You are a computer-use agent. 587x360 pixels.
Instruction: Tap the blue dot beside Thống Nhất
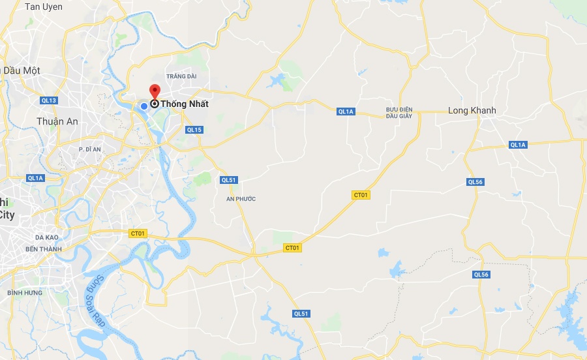144,105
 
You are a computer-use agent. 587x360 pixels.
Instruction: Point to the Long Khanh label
472,110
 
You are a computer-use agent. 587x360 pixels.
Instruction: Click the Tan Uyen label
44,7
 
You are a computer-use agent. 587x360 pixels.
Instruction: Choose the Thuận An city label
57,121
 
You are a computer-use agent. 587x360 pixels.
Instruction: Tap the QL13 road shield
49,100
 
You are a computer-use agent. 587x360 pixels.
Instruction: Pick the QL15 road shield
194,130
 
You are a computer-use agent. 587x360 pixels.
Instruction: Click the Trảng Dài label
181,76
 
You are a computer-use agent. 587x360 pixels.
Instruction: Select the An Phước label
241,198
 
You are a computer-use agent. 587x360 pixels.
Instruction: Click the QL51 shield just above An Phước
228,180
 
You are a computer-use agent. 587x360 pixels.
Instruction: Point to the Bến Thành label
43,249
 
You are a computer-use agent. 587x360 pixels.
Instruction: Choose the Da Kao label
48,237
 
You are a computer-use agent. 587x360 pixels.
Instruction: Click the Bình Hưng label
25,293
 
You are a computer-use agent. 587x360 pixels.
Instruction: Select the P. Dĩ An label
90,149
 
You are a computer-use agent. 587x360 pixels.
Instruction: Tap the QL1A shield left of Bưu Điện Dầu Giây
346,112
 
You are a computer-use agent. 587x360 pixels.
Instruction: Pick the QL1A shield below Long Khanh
518,145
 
